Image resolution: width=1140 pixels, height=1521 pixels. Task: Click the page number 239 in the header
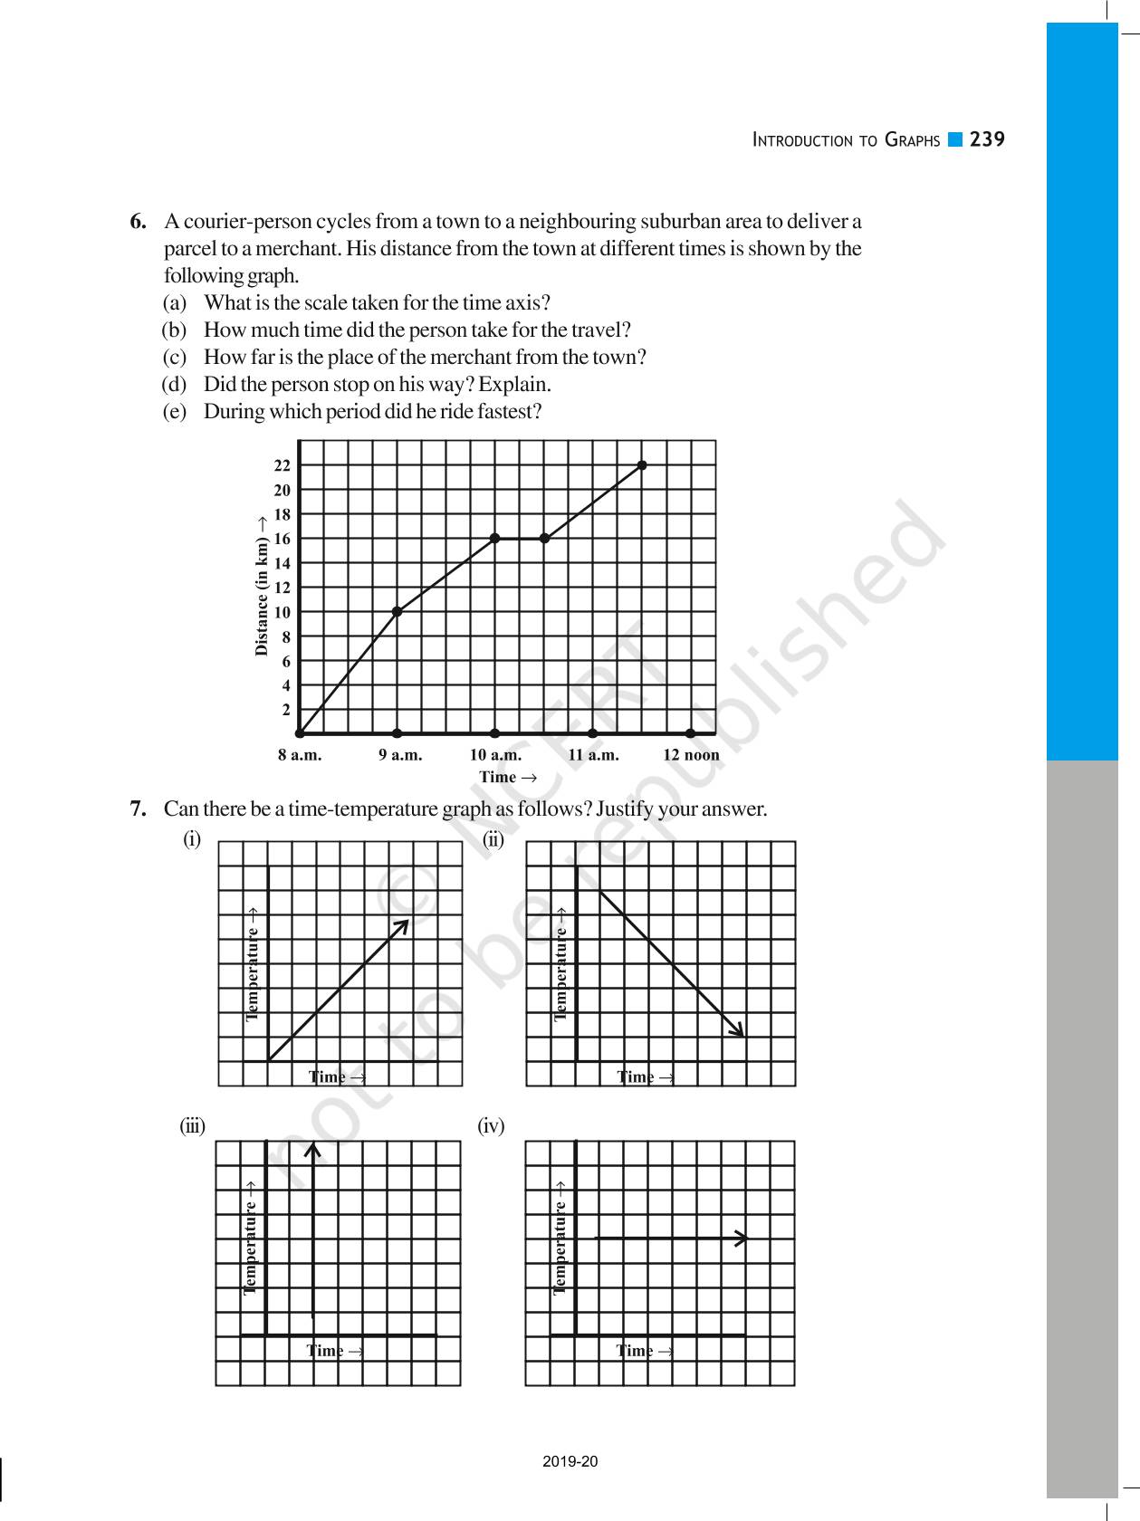pos(987,139)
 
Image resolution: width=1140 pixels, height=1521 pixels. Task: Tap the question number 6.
pos(138,222)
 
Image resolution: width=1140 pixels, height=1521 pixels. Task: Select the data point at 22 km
pos(642,465)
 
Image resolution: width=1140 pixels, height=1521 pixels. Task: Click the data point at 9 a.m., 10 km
pos(397,612)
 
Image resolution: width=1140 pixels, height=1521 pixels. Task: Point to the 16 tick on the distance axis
pos(282,539)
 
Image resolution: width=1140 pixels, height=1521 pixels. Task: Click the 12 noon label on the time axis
pos(691,755)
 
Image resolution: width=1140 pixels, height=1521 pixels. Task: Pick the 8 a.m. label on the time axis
pos(300,755)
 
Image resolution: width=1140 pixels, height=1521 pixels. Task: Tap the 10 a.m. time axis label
pos(495,755)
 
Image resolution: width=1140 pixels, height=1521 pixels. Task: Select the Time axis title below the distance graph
pos(507,777)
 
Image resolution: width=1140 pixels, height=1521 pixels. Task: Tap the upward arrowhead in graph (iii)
pos(313,1150)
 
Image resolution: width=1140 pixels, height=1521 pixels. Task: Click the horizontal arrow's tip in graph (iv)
pos(743,1238)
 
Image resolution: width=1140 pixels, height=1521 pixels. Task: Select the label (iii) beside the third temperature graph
pos(192,1126)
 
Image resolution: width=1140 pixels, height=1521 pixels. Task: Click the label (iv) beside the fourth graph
pos(491,1126)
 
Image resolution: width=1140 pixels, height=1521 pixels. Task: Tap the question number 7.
pos(138,809)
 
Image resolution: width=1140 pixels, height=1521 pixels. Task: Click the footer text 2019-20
pos(570,1461)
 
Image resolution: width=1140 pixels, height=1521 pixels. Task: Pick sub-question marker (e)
pos(174,412)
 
